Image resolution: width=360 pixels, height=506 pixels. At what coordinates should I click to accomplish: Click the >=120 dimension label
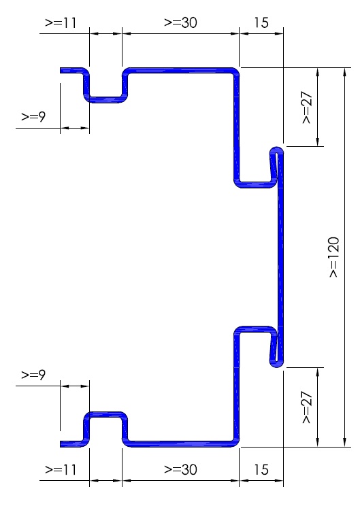(x=334, y=257)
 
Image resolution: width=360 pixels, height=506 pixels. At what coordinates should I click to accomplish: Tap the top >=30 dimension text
(x=180, y=22)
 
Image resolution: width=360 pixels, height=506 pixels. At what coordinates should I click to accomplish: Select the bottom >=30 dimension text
(x=180, y=469)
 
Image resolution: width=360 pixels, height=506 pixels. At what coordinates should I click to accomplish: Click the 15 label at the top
(x=261, y=22)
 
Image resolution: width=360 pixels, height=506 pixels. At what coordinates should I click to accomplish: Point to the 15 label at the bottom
(x=261, y=469)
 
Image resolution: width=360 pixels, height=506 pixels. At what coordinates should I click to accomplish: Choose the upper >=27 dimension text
(x=307, y=107)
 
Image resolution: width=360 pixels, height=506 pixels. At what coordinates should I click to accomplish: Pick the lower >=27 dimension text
(x=307, y=407)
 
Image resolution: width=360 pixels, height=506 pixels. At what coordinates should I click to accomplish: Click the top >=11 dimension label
(x=61, y=22)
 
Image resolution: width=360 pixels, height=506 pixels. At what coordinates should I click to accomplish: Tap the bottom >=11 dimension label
(x=61, y=469)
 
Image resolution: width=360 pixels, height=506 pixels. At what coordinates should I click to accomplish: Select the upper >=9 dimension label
(x=33, y=116)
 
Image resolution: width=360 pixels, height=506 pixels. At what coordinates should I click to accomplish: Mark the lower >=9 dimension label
(x=33, y=375)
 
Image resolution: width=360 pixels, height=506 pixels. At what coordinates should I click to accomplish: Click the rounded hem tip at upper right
(x=277, y=150)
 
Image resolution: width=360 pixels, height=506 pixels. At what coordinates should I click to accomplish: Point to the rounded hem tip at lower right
(x=277, y=365)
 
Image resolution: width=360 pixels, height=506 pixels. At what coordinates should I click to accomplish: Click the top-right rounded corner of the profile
(x=236, y=71)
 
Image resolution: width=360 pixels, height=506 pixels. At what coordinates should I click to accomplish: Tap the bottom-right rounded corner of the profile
(x=236, y=443)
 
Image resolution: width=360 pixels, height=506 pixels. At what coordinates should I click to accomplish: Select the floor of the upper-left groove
(x=105, y=99)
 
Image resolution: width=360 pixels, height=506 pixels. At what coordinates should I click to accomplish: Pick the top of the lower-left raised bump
(x=105, y=415)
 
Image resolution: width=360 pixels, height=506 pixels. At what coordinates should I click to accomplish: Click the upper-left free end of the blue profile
(x=61, y=71)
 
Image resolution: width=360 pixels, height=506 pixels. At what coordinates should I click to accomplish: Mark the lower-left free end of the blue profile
(x=61, y=444)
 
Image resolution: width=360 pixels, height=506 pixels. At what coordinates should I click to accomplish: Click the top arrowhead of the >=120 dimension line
(x=345, y=72)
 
